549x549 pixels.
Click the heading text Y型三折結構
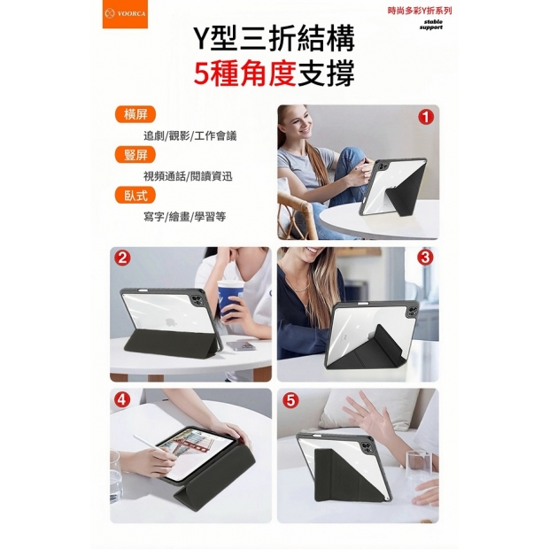click(274, 38)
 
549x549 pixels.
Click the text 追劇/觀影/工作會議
click(189, 135)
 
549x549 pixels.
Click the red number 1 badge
click(427, 117)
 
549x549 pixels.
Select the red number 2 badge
click(123, 259)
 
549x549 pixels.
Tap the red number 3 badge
click(425, 259)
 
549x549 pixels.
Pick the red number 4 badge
click(123, 400)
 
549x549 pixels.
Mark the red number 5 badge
click(290, 400)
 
